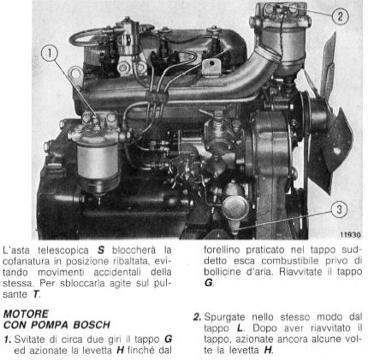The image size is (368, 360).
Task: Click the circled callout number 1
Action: click(x=50, y=54)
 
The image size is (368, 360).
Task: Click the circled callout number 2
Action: click(x=340, y=16)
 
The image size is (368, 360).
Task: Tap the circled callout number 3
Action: click(x=339, y=210)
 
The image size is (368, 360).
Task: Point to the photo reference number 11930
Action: click(x=350, y=235)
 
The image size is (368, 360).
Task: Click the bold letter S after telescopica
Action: click(x=101, y=251)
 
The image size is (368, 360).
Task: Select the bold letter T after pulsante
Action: click(x=35, y=294)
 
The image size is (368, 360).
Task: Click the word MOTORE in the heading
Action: click(x=26, y=314)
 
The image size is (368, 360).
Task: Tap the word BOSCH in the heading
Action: click(x=92, y=325)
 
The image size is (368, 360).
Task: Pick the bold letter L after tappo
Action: click(x=240, y=328)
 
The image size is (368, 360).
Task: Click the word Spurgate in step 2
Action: click(x=224, y=317)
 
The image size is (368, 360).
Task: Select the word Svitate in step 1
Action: click(x=31, y=339)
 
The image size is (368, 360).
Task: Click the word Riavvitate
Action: click(x=302, y=272)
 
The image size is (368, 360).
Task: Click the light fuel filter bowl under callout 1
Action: click(x=98, y=161)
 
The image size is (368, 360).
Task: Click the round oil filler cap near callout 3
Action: click(x=235, y=208)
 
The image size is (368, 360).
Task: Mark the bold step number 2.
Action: click(x=197, y=317)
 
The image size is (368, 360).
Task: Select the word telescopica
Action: click(x=62, y=251)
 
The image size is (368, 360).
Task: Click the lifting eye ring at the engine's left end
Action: click(x=75, y=74)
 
